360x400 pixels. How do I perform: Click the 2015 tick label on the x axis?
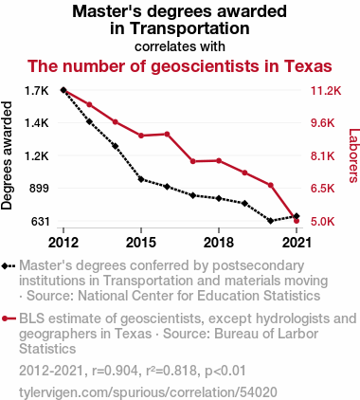[x=141, y=243]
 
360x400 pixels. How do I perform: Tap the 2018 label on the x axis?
[x=219, y=243]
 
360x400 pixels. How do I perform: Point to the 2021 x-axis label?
[x=297, y=243]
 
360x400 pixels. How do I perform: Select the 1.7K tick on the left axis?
[x=37, y=91]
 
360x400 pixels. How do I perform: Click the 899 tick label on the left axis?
[x=39, y=189]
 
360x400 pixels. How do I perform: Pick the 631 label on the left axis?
[x=40, y=222]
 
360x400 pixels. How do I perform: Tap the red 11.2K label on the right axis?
[x=326, y=91]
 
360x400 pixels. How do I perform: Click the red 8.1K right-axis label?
[x=322, y=156]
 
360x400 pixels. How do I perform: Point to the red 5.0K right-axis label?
[x=322, y=222]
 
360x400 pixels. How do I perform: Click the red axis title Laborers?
[x=353, y=155]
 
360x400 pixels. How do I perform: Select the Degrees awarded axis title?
[x=7, y=155]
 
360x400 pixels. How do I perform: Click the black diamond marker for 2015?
[x=141, y=179]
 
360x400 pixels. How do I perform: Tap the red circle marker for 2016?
[x=167, y=134]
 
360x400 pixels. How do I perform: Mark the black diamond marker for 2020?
[x=270, y=221]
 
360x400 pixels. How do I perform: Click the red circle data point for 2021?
[x=297, y=221]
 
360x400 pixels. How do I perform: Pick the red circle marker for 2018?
[x=219, y=161]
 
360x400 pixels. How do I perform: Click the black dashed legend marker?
[x=9, y=266]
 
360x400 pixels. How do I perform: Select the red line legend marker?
[x=9, y=318]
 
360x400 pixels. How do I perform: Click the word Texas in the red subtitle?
[x=308, y=66]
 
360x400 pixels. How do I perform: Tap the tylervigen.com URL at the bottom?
[x=148, y=392]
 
